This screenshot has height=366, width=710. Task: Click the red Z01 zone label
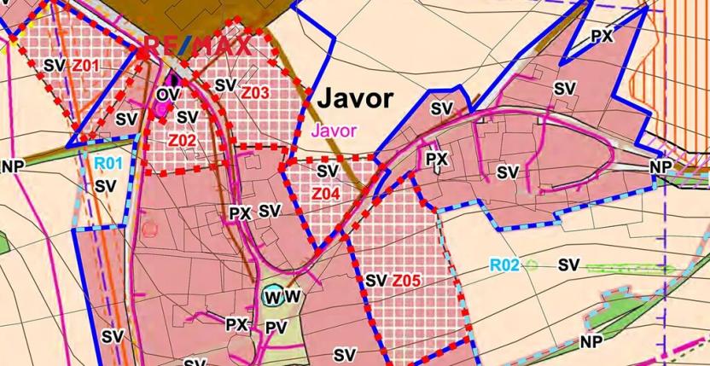pyautogui.click(x=86, y=65)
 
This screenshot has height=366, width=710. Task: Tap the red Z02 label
pyautogui.click(x=183, y=139)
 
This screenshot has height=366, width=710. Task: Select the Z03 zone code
pyautogui.click(x=255, y=91)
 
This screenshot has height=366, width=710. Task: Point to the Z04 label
pyautogui.click(x=326, y=194)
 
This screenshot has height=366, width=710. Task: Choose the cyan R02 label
pyautogui.click(x=505, y=266)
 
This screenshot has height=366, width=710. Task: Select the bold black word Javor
pyautogui.click(x=356, y=100)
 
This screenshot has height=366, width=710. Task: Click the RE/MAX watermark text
pyautogui.click(x=198, y=45)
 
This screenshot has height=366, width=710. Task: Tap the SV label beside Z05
pyautogui.click(x=376, y=280)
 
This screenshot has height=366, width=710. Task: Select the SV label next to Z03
pyautogui.click(x=225, y=85)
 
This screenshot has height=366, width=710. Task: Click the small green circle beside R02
pyautogui.click(x=531, y=265)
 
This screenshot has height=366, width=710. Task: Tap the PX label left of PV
pyautogui.click(x=236, y=325)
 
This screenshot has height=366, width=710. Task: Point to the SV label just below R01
pyautogui.click(x=106, y=185)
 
